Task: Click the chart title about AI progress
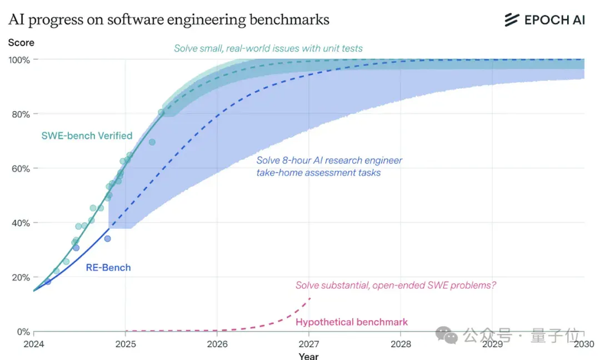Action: [x=169, y=19]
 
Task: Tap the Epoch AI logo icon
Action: [x=512, y=20]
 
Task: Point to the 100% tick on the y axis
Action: [x=19, y=60]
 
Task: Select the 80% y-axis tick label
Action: [x=21, y=114]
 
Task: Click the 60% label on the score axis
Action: [x=21, y=169]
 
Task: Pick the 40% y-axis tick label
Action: [x=21, y=223]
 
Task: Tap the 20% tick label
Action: [x=21, y=277]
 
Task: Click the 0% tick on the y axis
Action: [x=23, y=332]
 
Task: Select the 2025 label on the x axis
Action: [x=126, y=344]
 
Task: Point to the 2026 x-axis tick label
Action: [x=217, y=344]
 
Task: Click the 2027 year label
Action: [x=309, y=344]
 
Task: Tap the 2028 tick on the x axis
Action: [x=401, y=344]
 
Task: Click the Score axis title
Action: [x=21, y=42]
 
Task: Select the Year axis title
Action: [x=309, y=356]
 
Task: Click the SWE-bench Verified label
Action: [x=87, y=136]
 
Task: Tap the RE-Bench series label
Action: [x=108, y=267]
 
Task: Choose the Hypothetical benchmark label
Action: [x=352, y=322]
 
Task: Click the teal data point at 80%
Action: [x=161, y=112]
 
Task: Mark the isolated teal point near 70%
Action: [x=152, y=142]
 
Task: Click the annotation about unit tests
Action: [x=268, y=48]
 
